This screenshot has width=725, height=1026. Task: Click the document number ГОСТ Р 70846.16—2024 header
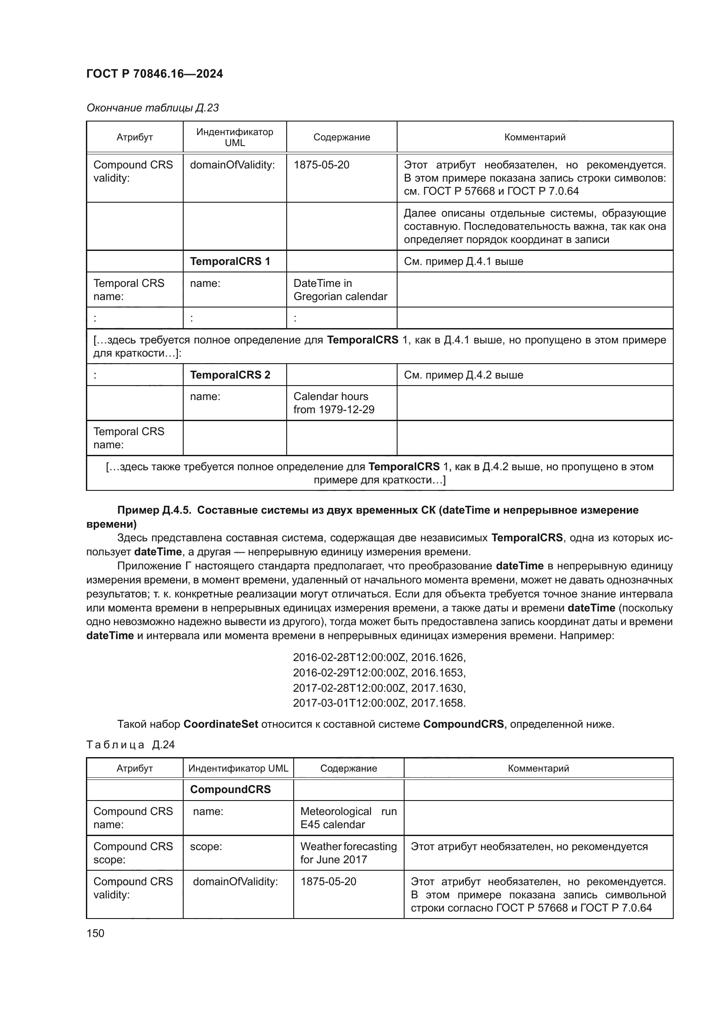click(154, 74)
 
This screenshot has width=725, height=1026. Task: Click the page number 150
click(95, 933)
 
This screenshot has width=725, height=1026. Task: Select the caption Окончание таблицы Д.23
click(152, 108)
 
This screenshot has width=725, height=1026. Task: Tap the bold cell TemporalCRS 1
click(230, 261)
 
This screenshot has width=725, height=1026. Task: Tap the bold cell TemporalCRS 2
click(230, 375)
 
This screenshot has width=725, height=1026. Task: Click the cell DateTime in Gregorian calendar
click(340, 290)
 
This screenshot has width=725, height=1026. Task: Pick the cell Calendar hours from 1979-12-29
click(334, 403)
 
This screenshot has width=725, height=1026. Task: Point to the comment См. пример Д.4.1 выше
click(463, 261)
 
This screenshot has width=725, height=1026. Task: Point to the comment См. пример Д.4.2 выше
click(463, 375)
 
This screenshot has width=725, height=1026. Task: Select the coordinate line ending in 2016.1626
click(379, 658)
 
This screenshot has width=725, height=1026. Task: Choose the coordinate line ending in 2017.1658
click(379, 703)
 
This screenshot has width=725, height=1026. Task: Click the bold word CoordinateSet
click(220, 724)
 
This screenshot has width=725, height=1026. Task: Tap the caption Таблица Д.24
click(130, 744)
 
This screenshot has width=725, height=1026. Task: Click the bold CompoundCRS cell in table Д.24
click(231, 789)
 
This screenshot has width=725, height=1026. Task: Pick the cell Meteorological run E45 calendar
click(348, 818)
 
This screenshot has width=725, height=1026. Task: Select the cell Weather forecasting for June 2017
click(348, 853)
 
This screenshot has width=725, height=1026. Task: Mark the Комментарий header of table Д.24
click(538, 768)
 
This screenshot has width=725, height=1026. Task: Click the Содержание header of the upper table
click(341, 137)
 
